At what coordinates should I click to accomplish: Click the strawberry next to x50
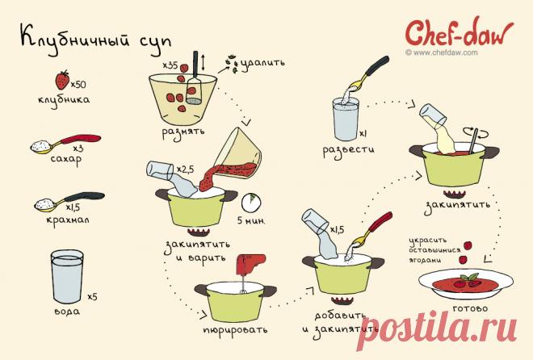coord(62,80)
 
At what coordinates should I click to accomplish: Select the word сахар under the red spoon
coord(66,160)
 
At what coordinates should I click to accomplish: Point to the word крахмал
coord(68,220)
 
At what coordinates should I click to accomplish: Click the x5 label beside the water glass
coord(92,297)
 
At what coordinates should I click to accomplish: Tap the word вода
coord(67,311)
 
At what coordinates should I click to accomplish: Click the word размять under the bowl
coord(183,132)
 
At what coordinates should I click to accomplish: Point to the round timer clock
coord(251,203)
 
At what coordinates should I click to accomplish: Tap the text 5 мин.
coord(251,220)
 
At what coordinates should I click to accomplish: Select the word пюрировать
coord(235,330)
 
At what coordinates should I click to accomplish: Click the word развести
coord(348,149)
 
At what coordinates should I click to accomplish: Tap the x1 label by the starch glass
coord(363,134)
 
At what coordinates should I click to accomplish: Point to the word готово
coord(470,308)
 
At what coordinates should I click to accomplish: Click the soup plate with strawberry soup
coord(466,285)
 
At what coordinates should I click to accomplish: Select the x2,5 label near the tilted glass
coord(185,169)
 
